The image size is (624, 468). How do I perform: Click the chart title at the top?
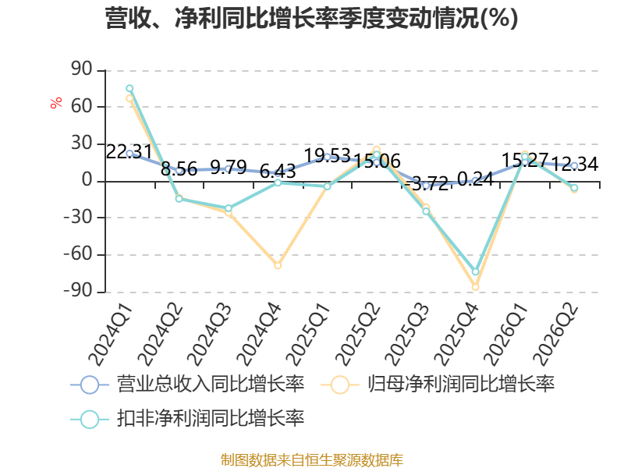pyautogui.click(x=311, y=18)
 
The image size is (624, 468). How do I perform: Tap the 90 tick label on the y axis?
pyautogui.click(x=82, y=69)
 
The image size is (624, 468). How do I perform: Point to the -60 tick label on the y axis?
pyautogui.click(x=78, y=253)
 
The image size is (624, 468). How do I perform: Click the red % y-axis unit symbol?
pyautogui.click(x=56, y=102)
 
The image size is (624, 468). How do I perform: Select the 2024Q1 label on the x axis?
pyautogui.click(x=110, y=335)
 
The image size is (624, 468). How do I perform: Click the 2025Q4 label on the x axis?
pyautogui.click(x=456, y=335)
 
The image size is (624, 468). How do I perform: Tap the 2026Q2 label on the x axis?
pyautogui.click(x=555, y=335)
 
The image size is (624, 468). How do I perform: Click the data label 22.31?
pyautogui.click(x=129, y=151)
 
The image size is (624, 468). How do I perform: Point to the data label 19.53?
pyautogui.click(x=327, y=155)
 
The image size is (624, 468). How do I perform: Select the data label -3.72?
pyautogui.click(x=426, y=183)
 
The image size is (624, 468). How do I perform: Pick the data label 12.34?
pyautogui.click(x=575, y=164)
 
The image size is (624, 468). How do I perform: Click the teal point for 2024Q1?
pyautogui.click(x=129, y=88)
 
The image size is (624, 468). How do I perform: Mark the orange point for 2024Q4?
pyautogui.click(x=278, y=265)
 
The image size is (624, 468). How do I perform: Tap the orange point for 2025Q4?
pyautogui.click(x=475, y=287)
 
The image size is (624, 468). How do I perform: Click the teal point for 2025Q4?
pyautogui.click(x=475, y=271)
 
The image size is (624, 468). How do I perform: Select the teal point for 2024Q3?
pyautogui.click(x=229, y=208)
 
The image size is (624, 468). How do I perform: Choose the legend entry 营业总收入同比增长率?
pyautogui.click(x=187, y=385)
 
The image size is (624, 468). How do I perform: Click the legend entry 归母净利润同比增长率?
pyautogui.click(x=438, y=385)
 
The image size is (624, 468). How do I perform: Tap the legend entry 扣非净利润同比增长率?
pyautogui.click(x=187, y=419)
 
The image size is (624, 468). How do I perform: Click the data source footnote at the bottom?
pyautogui.click(x=312, y=460)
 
